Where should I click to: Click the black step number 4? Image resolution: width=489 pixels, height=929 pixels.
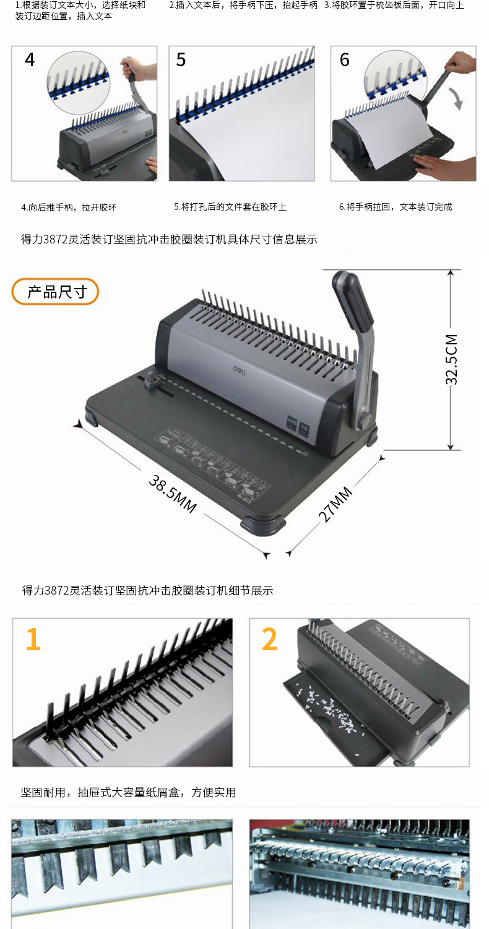pyautogui.click(x=30, y=59)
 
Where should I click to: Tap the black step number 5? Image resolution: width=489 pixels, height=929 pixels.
pyautogui.click(x=181, y=59)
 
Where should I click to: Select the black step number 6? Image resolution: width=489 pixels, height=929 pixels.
pyautogui.click(x=344, y=59)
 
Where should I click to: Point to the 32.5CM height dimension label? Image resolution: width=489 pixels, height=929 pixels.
pyautogui.click(x=451, y=359)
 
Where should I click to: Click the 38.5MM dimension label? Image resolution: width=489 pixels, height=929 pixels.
pyautogui.click(x=173, y=494)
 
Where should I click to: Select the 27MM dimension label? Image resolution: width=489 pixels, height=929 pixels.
pyautogui.click(x=335, y=504)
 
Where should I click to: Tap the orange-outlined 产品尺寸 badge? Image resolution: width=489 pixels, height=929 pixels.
pyautogui.click(x=55, y=292)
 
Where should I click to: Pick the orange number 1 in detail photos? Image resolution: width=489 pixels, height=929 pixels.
pyautogui.click(x=33, y=639)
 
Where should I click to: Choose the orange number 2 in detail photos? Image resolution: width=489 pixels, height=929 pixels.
pyautogui.click(x=269, y=639)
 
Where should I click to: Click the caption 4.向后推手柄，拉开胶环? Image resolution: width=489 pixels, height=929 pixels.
pyautogui.click(x=69, y=207)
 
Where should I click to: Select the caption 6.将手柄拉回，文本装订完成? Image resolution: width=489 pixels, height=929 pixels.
pyautogui.click(x=396, y=207)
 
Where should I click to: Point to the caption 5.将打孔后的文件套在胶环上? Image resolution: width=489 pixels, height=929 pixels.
pyautogui.click(x=230, y=207)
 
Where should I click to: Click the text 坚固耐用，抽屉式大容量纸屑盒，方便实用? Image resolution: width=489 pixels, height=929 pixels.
pyautogui.click(x=129, y=793)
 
